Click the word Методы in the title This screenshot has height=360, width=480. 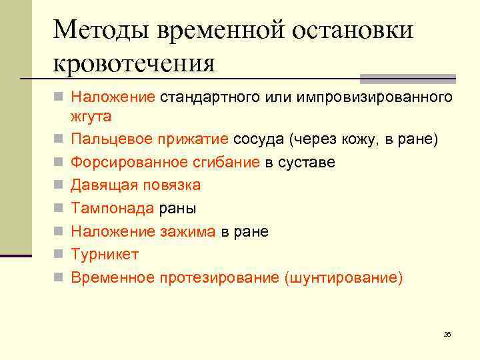pyautogui.click(x=99, y=31)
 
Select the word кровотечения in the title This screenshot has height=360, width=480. pyautogui.click(x=133, y=64)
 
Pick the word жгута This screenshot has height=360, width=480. pyautogui.click(x=91, y=116)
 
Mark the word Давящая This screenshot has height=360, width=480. pyautogui.click(x=104, y=185)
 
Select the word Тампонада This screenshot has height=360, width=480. pyautogui.click(x=112, y=209)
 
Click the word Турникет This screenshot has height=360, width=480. pyautogui.click(x=105, y=254)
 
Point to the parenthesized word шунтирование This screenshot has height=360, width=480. pyautogui.click(x=343, y=277)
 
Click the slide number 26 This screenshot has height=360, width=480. pyautogui.click(x=447, y=333)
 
